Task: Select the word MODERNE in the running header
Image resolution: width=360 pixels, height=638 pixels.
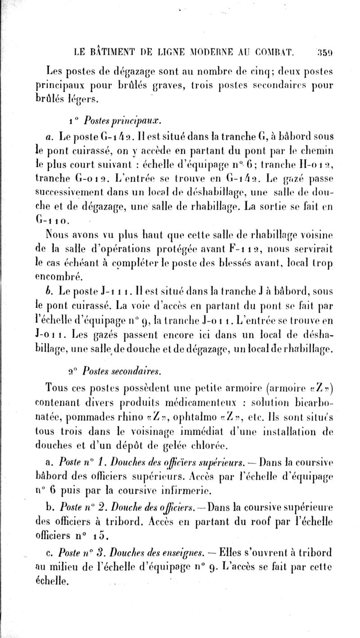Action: (199, 53)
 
